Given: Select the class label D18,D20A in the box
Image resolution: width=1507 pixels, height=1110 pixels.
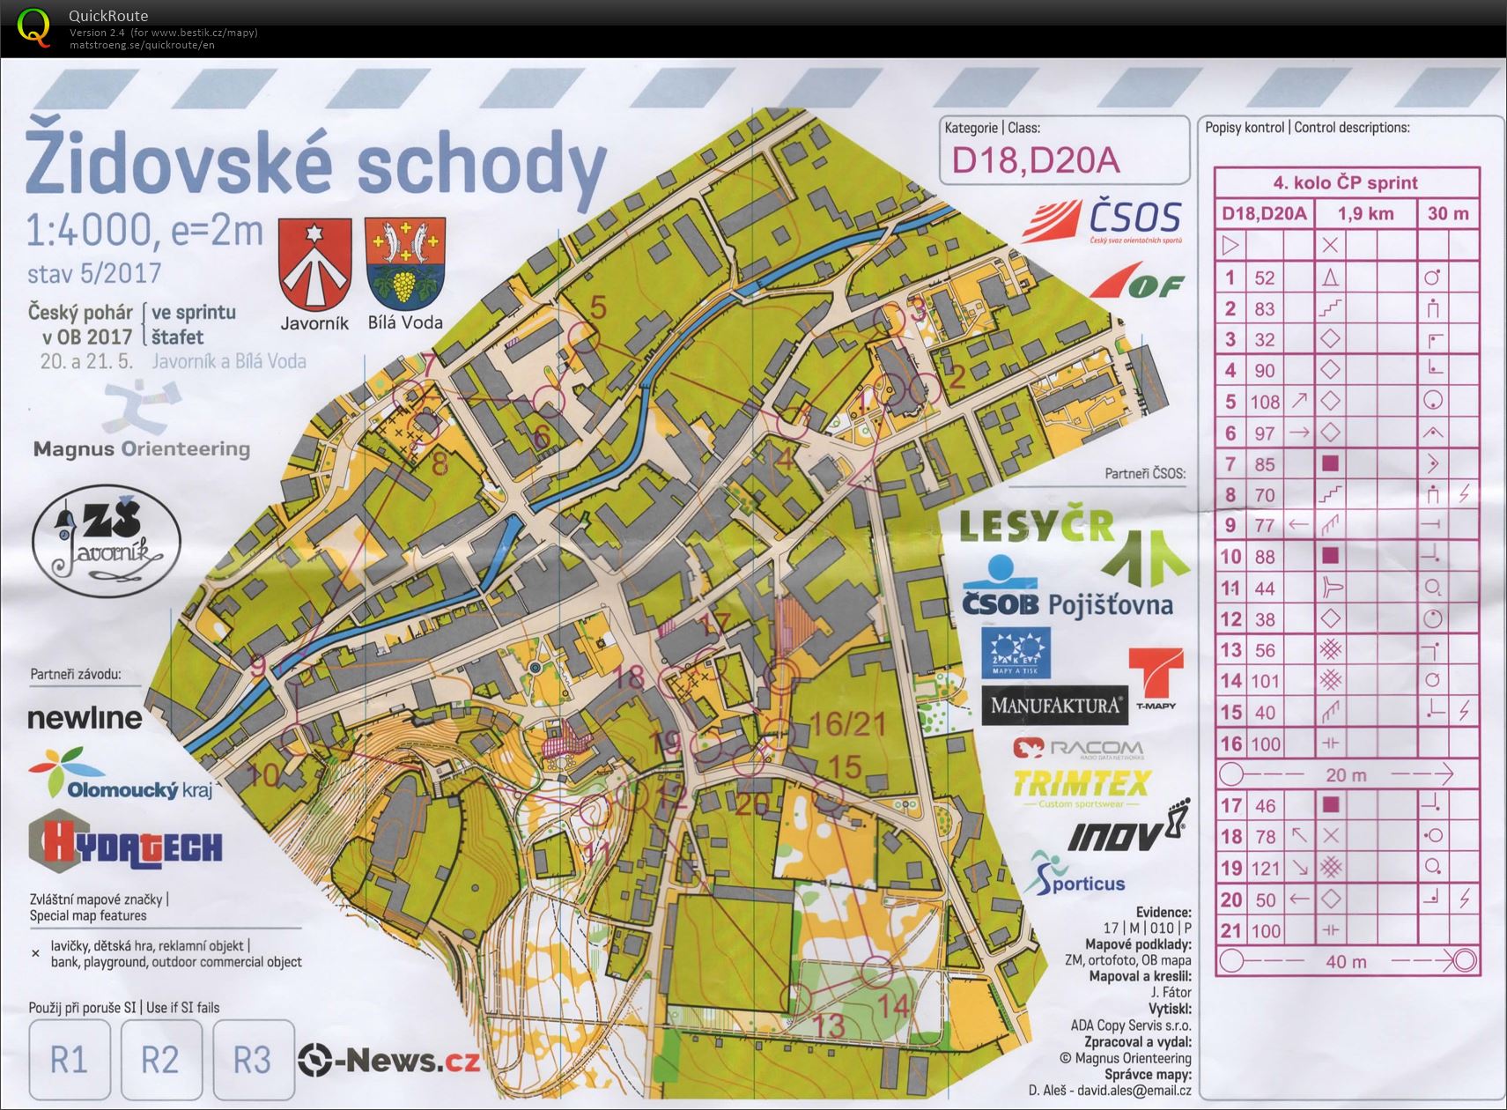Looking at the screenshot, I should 1036,160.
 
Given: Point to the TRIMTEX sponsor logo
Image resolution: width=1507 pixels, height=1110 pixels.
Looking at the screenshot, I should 1082,783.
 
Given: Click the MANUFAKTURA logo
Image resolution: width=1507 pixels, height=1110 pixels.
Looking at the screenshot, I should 1054,706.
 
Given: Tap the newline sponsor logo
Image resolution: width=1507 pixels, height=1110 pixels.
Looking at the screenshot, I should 85,718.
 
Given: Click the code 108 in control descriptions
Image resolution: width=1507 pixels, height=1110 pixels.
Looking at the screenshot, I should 1265,402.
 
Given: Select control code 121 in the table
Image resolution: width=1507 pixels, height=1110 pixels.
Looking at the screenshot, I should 1265,869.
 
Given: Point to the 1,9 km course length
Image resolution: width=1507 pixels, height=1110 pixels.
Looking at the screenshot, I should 1365,213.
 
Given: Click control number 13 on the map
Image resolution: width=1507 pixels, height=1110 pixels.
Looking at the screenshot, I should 829,1025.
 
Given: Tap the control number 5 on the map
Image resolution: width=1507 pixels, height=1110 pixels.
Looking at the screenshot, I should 598,307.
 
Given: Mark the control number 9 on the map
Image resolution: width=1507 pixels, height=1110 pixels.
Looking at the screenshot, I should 258,666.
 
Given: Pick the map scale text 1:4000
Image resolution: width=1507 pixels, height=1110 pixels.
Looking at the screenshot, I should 90,231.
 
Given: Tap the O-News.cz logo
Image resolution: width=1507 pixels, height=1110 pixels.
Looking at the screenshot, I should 389,1060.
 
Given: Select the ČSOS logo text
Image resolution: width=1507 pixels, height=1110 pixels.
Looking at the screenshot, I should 1134,218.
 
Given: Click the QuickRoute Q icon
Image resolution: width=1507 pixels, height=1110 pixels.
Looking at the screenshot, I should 34,26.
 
